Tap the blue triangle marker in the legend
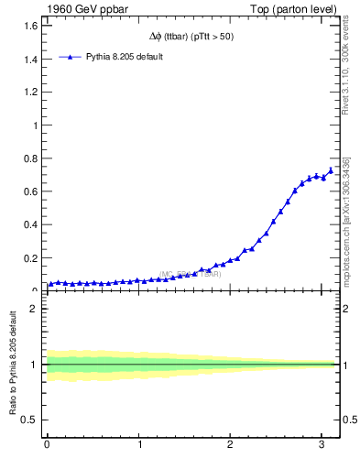pyautogui.click(x=71, y=57)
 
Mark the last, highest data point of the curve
pyautogui.click(x=331, y=170)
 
